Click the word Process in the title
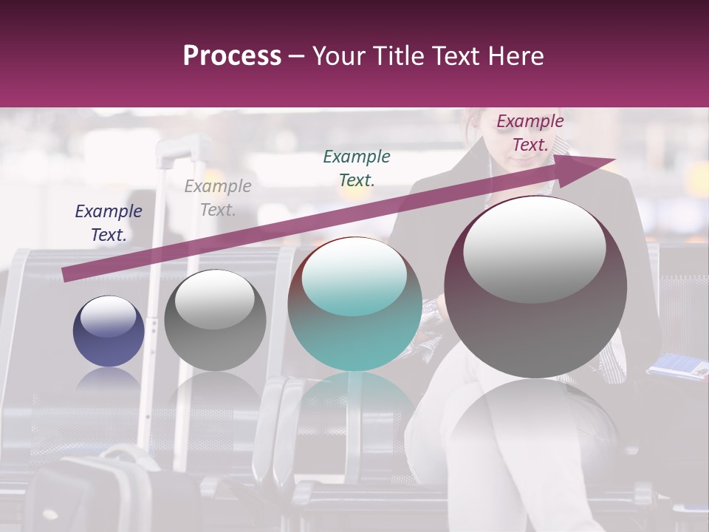point(232,56)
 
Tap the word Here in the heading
point(515,56)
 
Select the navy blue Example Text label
point(109,223)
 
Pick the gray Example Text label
point(218,198)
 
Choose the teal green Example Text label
point(357,168)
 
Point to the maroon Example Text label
point(530,133)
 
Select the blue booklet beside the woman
point(678,366)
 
